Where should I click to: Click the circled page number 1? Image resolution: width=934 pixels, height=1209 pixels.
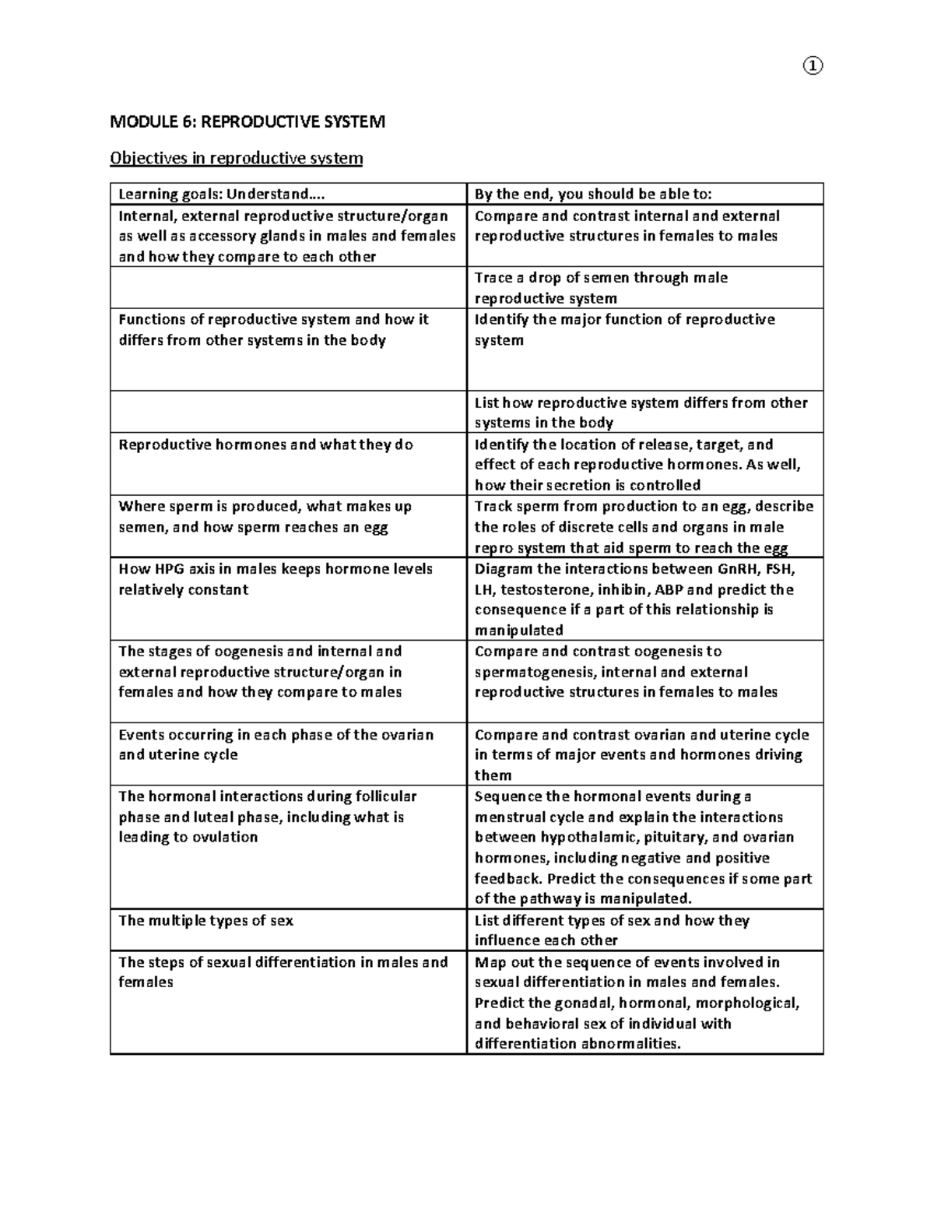[812, 66]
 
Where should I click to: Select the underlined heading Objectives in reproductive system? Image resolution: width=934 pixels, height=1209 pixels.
[236, 158]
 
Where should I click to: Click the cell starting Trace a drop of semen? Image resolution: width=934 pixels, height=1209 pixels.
[601, 287]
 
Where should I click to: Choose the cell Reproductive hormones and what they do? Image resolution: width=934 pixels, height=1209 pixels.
[265, 445]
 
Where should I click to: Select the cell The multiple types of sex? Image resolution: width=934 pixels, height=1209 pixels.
[205, 920]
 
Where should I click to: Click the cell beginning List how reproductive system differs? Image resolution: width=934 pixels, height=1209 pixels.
[641, 412]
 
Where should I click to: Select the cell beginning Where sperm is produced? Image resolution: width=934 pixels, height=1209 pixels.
[265, 516]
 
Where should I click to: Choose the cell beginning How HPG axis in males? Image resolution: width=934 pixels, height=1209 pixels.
[275, 578]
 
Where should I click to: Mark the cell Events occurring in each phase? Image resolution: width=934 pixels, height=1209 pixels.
[276, 744]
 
